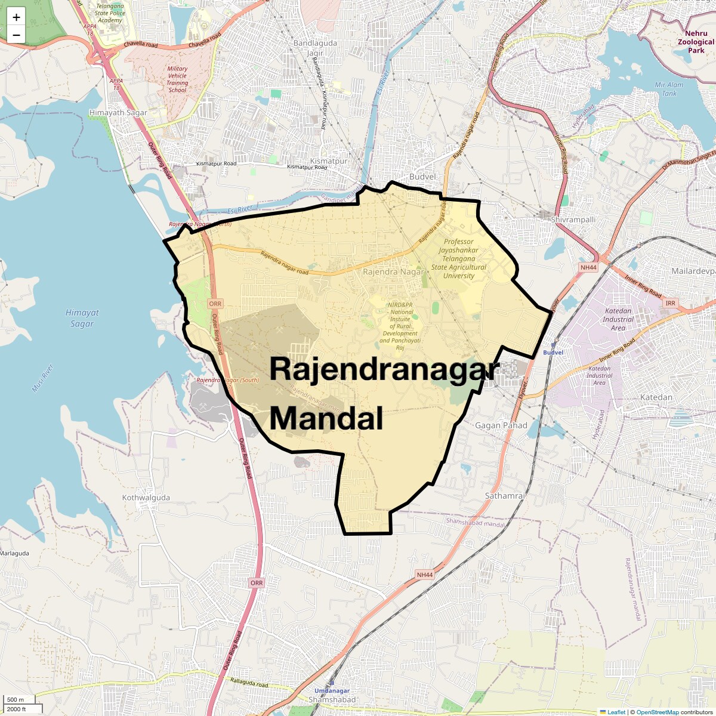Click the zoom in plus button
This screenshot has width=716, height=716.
coord(16,17)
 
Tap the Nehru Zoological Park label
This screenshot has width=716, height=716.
coord(696,42)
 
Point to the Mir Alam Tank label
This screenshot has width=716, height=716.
coord(669,89)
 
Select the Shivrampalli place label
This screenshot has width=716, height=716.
coord(573,220)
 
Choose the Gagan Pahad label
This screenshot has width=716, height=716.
coord(501,425)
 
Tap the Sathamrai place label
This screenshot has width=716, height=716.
coord(505,496)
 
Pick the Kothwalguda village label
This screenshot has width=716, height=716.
coord(146,498)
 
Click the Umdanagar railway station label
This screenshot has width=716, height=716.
coord(332,690)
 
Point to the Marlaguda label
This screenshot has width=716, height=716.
coord(14,553)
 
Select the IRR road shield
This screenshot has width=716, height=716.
coord(670,304)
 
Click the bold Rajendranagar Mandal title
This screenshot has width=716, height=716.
coord(382,394)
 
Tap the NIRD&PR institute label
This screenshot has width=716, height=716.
coord(400,326)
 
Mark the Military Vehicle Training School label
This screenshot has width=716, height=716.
coord(177,79)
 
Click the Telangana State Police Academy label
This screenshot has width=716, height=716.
coord(110,13)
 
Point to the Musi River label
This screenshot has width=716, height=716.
coord(43,378)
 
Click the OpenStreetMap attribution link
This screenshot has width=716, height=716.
coord(658,712)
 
